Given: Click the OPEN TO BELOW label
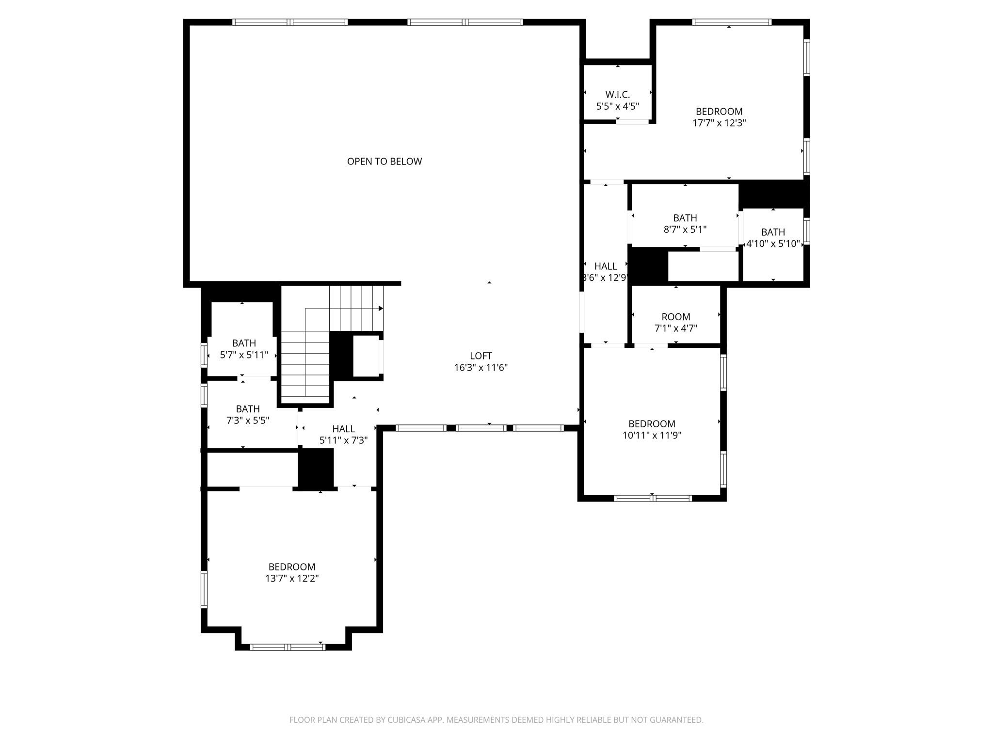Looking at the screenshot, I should point(384,162).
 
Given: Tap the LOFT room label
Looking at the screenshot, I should point(480,356).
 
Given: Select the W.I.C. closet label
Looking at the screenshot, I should point(617,95).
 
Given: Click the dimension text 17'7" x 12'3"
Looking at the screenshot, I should point(719,123).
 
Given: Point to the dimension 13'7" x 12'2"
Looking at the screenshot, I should point(291,578).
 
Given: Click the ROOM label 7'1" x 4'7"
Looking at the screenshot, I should point(675,317).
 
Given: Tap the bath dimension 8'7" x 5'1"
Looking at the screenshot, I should point(685,229).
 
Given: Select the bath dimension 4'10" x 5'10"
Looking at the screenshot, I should point(772,243).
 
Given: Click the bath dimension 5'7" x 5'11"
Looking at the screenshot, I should point(244,355).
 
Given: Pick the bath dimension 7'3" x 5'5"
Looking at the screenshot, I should point(248,421).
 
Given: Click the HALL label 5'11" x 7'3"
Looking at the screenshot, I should point(343,429).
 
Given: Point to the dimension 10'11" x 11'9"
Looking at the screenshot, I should point(652,436).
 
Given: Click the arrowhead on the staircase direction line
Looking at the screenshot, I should point(381,308).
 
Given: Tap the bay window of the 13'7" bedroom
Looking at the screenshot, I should point(288,647).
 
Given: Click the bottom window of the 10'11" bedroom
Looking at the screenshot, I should point(653,498).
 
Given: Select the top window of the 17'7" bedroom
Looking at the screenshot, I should point(731,22).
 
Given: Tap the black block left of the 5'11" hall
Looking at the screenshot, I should point(316,468).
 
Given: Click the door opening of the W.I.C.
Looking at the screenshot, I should point(632,121).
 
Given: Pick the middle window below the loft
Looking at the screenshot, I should point(480,428).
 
